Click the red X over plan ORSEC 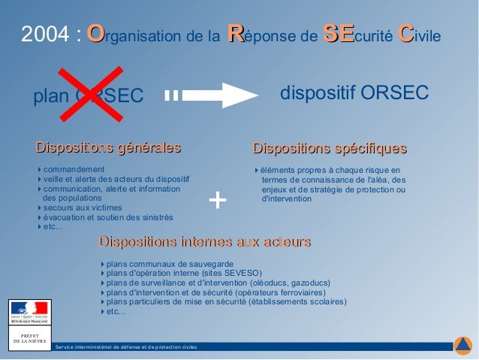tap(92, 95)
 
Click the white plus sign tap(217, 200)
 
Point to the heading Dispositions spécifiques tap(330, 147)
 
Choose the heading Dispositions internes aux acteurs tap(205, 242)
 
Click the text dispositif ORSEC tap(354, 92)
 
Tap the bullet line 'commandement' tap(74, 169)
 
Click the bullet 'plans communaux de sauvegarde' tap(169, 264)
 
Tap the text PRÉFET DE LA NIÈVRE tap(29, 338)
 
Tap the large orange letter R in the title tap(235, 33)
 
